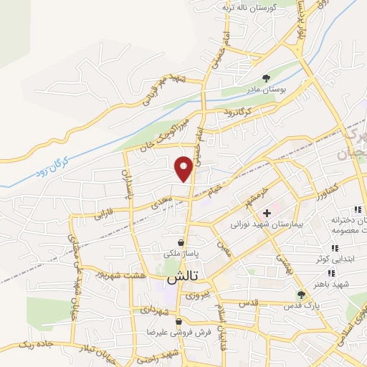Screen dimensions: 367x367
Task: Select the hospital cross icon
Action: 267,213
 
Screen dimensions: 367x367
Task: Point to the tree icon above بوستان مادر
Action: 267,77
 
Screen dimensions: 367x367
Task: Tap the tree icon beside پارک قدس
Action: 301,294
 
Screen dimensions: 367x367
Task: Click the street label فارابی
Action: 104,214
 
